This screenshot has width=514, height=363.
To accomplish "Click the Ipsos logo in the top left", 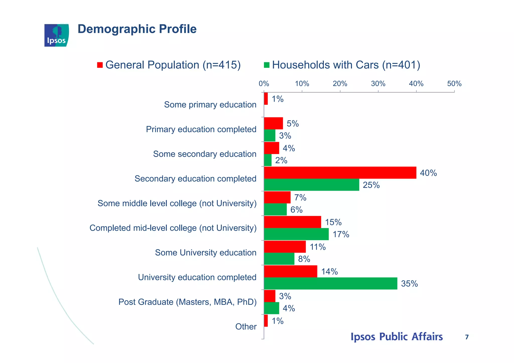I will [x=56, y=35].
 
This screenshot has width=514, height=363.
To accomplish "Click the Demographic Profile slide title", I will [x=137, y=29].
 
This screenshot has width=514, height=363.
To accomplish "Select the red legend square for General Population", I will [x=100, y=65].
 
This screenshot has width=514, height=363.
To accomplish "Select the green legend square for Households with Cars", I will [x=267, y=65].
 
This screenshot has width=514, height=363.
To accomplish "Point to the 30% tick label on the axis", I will [x=378, y=84].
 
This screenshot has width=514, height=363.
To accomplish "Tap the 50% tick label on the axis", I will [x=454, y=84].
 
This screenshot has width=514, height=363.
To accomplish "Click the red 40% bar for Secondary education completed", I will [x=340, y=173].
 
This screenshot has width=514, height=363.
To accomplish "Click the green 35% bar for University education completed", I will [x=330, y=283].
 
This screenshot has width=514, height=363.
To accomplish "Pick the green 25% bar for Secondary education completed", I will [x=311, y=185].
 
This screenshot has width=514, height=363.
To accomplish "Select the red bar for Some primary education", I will [x=266, y=99].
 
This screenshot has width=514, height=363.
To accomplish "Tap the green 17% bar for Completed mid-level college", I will [x=296, y=234].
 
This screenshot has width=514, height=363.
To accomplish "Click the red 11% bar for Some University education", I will [x=285, y=247].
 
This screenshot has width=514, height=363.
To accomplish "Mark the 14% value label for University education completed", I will [x=329, y=272].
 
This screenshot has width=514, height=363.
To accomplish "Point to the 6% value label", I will [x=296, y=210].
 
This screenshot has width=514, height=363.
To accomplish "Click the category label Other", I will [x=246, y=327].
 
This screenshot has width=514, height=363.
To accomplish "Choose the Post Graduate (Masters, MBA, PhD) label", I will [x=187, y=302].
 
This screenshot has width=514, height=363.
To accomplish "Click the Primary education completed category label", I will [x=201, y=129].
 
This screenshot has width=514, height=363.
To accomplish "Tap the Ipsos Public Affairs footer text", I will [x=397, y=337].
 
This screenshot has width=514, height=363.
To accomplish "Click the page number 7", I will [x=467, y=337].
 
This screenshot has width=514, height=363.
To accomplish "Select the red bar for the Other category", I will [x=266, y=321].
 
